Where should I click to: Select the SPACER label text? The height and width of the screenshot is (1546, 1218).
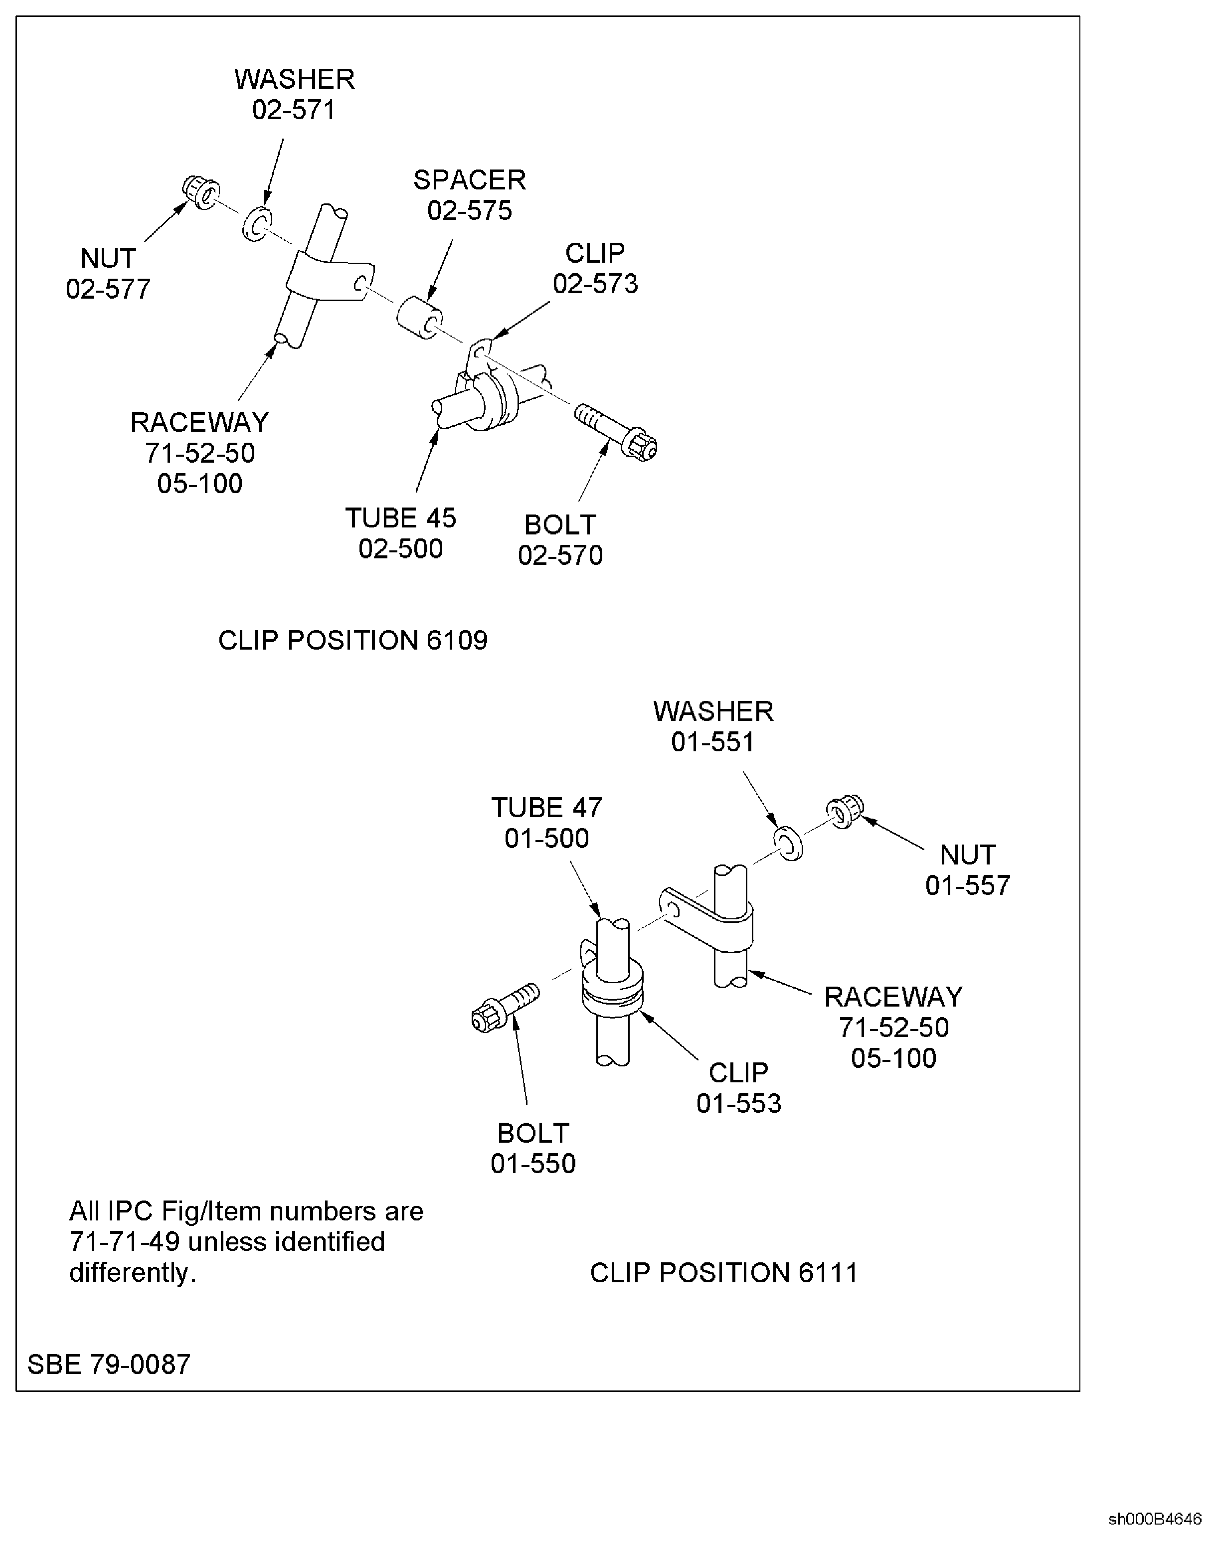470,179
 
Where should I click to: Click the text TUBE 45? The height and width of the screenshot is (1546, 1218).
401,518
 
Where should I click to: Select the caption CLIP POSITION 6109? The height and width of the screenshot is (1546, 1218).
353,640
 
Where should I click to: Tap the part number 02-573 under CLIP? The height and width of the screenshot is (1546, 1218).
595,284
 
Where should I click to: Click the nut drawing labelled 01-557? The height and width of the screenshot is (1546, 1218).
845,812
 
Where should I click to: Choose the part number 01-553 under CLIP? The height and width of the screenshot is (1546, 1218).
739,1103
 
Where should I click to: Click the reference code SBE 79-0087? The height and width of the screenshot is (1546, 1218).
109,1364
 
